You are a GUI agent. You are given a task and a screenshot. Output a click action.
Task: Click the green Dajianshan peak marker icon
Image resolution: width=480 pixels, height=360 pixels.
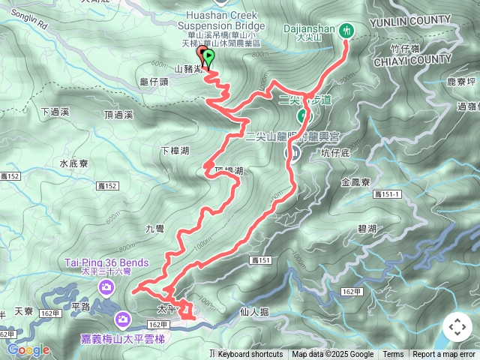(x=346, y=30)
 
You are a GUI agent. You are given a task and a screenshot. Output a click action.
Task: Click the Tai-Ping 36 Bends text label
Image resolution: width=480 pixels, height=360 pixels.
(x=106, y=262)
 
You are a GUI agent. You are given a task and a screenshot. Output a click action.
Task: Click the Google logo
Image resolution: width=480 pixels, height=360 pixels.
(x=28, y=349)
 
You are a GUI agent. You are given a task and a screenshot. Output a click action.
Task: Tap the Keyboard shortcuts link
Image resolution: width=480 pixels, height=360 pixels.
(x=250, y=355)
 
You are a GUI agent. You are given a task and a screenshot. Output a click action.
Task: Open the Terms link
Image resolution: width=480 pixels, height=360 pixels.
(x=393, y=355)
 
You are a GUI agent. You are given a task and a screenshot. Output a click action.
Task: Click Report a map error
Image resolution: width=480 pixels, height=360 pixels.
(x=444, y=355)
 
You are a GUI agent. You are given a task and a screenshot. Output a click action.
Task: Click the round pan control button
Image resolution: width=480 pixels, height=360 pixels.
(x=457, y=327)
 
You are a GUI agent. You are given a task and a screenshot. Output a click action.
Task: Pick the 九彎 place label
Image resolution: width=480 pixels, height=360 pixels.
(x=154, y=229)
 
